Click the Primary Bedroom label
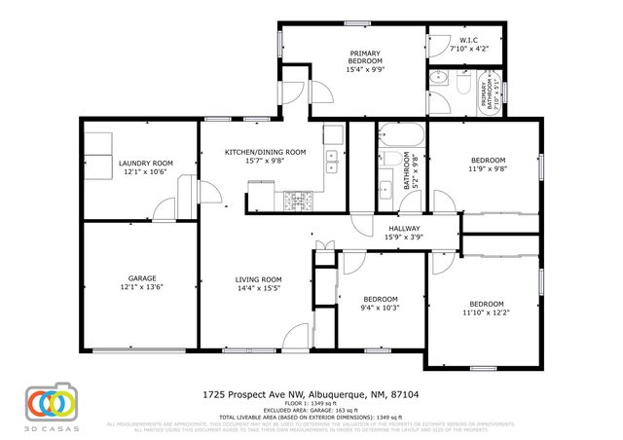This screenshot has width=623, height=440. [x=365, y=57]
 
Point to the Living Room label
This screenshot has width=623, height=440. [x=258, y=279]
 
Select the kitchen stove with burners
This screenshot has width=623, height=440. [x=294, y=201]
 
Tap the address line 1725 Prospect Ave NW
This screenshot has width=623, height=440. [x=311, y=394]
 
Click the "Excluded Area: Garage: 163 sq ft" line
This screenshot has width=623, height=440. [x=311, y=410]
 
